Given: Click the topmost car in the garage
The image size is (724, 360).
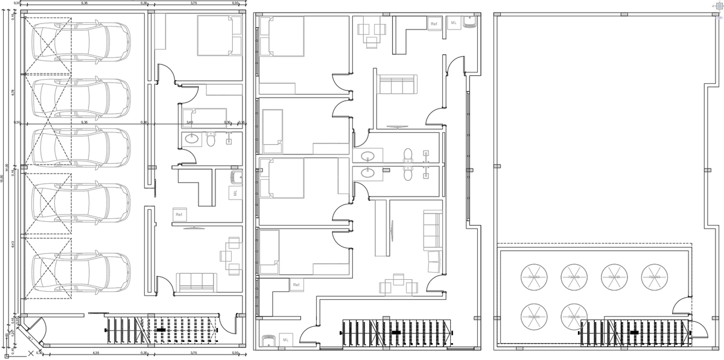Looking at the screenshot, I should (81, 41).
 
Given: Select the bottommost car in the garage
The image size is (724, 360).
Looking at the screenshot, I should (81, 273).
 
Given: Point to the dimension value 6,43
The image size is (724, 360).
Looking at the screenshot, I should (13, 245).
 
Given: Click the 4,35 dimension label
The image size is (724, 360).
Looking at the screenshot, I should (96, 353).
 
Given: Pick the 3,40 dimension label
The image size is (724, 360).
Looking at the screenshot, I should (190, 122).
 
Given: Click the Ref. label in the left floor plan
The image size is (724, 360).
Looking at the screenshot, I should (179, 215).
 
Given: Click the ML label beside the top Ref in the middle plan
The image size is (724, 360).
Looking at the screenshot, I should (454, 23).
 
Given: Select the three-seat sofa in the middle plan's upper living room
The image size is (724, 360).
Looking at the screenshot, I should (396, 84).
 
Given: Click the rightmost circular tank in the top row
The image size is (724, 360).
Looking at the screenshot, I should (654, 276).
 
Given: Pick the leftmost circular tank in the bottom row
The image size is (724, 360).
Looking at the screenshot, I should (534, 316).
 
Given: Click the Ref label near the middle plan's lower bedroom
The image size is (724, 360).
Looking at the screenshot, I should (296, 285).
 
